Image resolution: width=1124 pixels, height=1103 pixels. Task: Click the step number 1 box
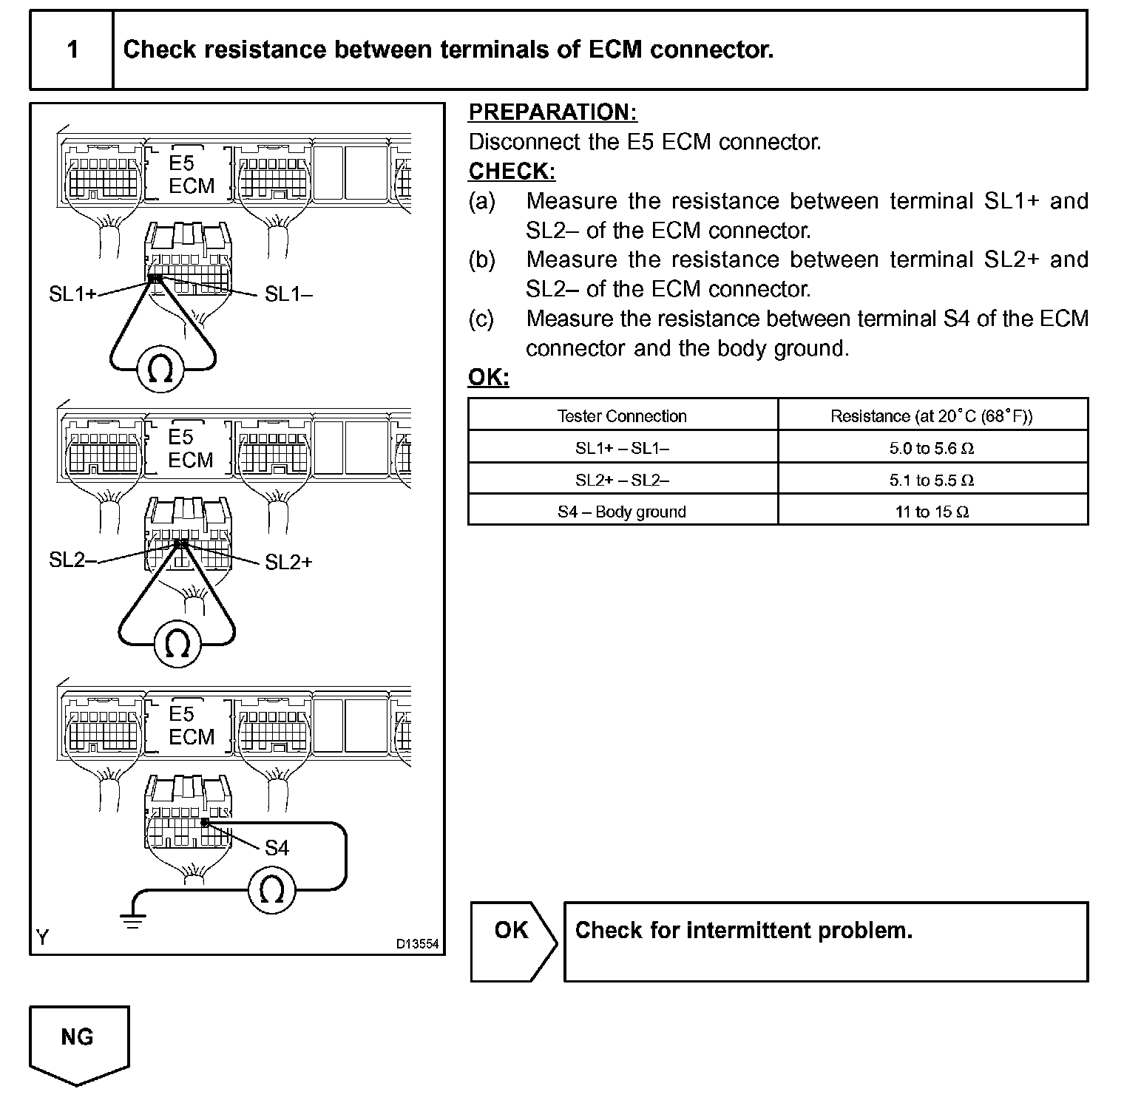(x=72, y=50)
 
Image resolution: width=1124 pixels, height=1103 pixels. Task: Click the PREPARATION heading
(x=552, y=112)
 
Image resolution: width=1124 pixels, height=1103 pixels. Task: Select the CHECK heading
(x=512, y=172)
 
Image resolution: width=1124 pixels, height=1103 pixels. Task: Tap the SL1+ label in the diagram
(x=72, y=294)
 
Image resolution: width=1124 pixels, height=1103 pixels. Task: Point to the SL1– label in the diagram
(x=288, y=294)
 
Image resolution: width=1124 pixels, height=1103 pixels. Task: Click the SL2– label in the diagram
(x=72, y=560)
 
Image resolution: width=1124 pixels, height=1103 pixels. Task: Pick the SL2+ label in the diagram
(x=288, y=563)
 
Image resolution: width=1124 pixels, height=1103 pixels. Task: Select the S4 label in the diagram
(x=277, y=848)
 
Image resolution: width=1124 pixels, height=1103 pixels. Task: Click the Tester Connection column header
(x=622, y=416)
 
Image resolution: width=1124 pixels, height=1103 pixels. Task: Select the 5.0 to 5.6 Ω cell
(x=932, y=448)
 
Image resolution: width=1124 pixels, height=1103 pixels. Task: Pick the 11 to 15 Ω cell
(x=932, y=512)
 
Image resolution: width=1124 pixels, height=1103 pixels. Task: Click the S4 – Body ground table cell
(x=622, y=512)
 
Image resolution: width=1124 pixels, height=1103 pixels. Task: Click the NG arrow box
(x=78, y=1042)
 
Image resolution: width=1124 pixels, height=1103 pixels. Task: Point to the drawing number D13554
(x=417, y=944)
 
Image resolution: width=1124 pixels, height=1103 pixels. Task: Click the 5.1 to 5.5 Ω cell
(x=932, y=480)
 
